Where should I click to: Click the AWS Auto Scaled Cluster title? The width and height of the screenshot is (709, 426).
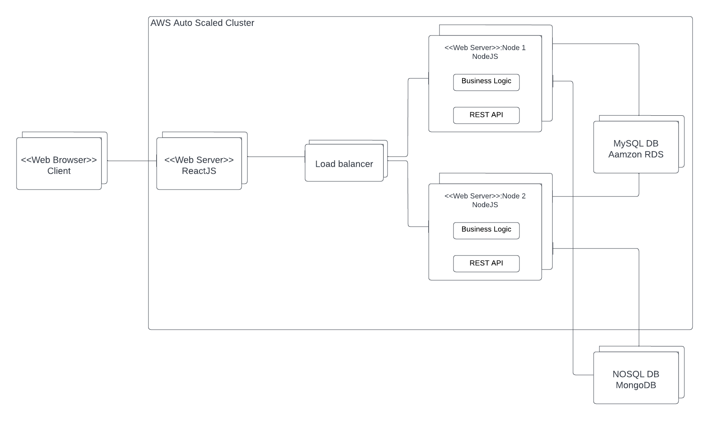click(202, 23)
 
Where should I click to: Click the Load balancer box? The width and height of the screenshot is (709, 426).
click(344, 164)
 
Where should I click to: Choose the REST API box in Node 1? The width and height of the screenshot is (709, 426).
click(486, 115)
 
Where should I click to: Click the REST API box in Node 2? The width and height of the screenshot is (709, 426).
click(486, 263)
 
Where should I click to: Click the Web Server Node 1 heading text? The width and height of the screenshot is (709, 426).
click(485, 48)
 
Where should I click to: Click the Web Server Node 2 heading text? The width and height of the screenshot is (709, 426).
click(485, 196)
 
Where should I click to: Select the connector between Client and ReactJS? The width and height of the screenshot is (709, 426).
click(132, 161)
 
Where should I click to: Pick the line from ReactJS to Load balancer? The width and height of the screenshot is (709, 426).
click(276, 157)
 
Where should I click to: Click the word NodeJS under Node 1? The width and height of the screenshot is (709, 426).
click(485, 57)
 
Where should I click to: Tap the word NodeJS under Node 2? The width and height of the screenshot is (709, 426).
click(485, 205)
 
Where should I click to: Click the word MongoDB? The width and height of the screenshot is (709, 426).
click(636, 385)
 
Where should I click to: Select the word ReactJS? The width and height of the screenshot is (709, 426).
click(199, 171)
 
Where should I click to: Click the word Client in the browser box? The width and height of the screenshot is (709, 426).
click(59, 171)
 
